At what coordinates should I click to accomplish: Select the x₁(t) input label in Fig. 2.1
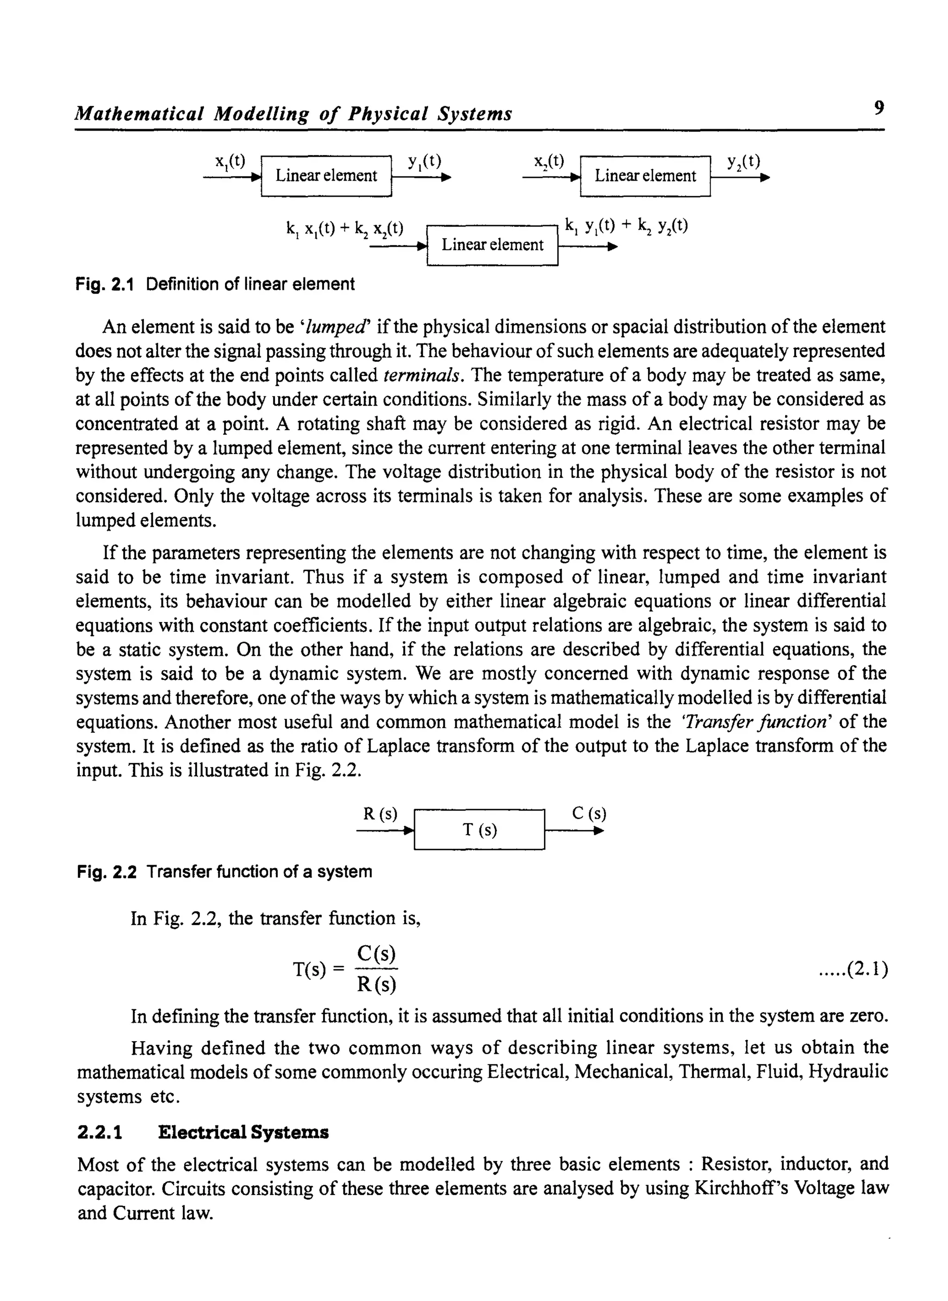click(230, 162)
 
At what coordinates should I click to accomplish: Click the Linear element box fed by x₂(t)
click(645, 176)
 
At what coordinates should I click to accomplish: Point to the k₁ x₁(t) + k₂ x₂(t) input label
click(345, 229)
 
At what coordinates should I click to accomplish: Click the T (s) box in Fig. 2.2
click(479, 830)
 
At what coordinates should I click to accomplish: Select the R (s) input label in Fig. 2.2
click(380, 814)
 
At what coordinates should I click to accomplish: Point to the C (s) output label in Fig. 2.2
click(589, 814)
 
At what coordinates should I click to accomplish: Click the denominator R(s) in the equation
click(376, 985)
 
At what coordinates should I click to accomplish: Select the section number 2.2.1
click(100, 1133)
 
